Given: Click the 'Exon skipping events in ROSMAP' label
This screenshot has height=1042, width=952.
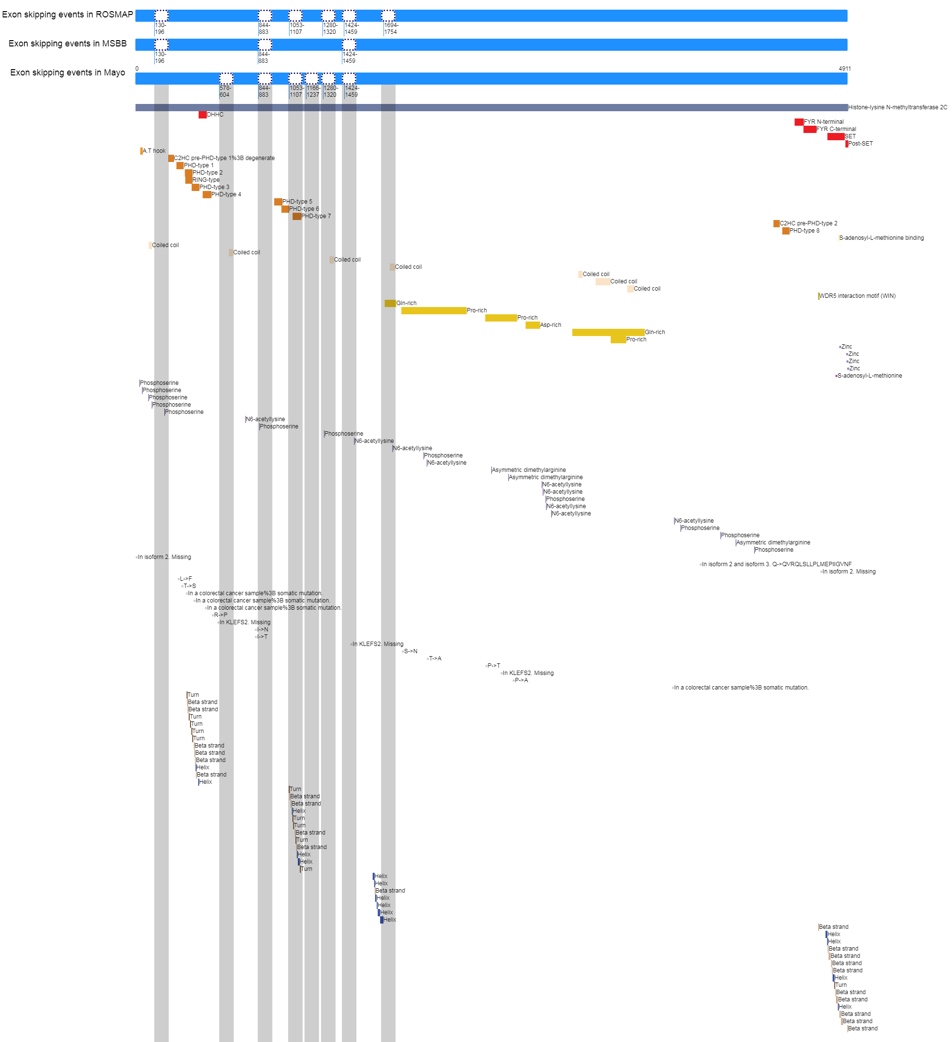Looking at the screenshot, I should pyautogui.click(x=67, y=15).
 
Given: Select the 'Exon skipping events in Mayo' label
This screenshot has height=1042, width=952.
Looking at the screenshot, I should pyautogui.click(x=67, y=73).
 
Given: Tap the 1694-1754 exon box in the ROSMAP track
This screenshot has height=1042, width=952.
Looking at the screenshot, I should pyautogui.click(x=388, y=15).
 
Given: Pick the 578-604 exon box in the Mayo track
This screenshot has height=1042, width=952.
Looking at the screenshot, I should pyautogui.click(x=226, y=78).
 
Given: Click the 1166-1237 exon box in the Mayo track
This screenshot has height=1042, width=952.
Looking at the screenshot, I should pyautogui.click(x=312, y=78).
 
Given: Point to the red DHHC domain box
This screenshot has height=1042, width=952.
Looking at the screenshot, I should pyautogui.click(x=203, y=115).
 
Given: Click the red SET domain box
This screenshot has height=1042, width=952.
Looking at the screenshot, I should pyautogui.click(x=835, y=136).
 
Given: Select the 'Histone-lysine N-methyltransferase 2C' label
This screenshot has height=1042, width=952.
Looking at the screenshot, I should pyautogui.click(x=897, y=107).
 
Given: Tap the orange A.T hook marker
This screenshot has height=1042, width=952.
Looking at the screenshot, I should pyautogui.click(x=141, y=151).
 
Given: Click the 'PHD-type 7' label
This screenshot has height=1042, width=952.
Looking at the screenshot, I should pyautogui.click(x=316, y=216).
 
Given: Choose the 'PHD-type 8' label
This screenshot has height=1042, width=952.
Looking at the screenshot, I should pyautogui.click(x=804, y=231).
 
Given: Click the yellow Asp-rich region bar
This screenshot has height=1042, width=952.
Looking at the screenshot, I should pyautogui.click(x=532, y=325).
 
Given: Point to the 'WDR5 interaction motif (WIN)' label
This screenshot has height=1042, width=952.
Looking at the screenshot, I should pyautogui.click(x=857, y=296).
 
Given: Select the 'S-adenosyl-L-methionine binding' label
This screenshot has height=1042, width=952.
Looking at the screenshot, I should pyautogui.click(x=881, y=238).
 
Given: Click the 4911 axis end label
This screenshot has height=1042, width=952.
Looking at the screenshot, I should pyautogui.click(x=845, y=69).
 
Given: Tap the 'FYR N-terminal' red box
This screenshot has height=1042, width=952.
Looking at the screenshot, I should pyautogui.click(x=799, y=122).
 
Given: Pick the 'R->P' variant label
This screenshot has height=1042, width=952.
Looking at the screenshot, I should pyautogui.click(x=220, y=615).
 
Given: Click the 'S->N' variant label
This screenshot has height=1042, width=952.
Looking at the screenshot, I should pyautogui.click(x=410, y=651).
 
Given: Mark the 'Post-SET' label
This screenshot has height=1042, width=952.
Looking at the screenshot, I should pyautogui.click(x=861, y=144).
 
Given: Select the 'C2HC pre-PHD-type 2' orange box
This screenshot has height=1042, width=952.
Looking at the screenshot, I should pyautogui.click(x=776, y=223).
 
